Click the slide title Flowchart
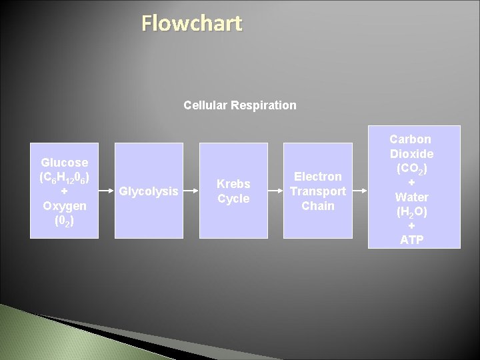tap(192, 24)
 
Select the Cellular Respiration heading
tap(240, 105)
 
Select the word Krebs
tap(234, 184)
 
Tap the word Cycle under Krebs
tap(234, 199)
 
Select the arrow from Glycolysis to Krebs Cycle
tap(192, 191)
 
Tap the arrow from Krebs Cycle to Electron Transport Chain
tap(275, 191)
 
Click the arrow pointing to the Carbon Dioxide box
tap(359, 191)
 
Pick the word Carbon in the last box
tap(411, 139)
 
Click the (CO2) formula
tap(411, 169)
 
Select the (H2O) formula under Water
tap(411, 211)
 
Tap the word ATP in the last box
tap(411, 240)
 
